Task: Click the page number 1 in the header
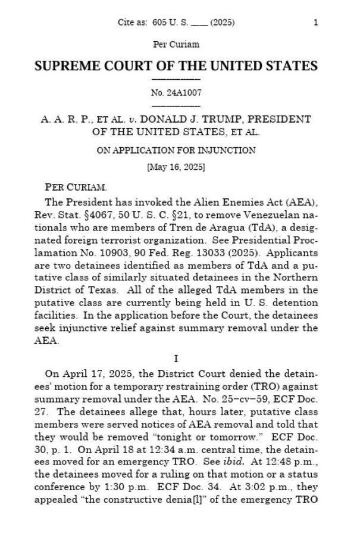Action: pos(315,23)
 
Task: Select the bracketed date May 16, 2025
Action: pos(176,167)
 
